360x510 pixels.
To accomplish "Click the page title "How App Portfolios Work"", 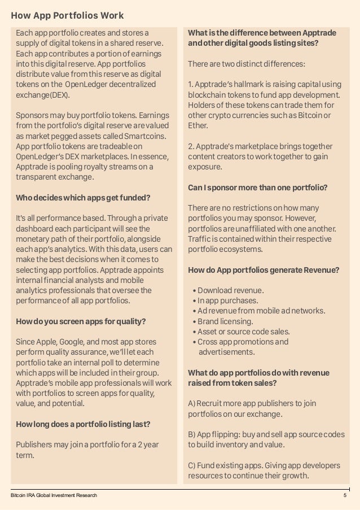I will pyautogui.click(x=67, y=15).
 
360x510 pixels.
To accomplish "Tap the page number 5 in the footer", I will pyautogui.click(x=344, y=495).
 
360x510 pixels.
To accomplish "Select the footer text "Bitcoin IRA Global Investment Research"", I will pyautogui.click(x=54, y=495).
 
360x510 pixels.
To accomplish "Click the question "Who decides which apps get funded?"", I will pyautogui.click(x=83, y=198).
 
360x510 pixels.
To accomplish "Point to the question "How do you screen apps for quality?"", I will pyautogui.click(x=81, y=322).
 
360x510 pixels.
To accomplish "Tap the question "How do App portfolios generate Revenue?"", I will pyautogui.click(x=263, y=270).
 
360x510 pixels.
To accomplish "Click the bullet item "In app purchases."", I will pyautogui.click(x=228, y=300).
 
